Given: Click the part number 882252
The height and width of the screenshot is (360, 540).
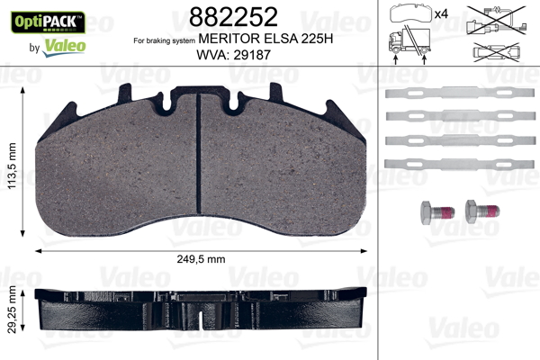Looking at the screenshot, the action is [233, 17].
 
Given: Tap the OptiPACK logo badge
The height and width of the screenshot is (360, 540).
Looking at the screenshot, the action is [48, 22].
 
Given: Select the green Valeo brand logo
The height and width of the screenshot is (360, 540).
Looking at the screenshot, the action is [64, 48].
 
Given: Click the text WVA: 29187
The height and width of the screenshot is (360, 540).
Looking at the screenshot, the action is [233, 55].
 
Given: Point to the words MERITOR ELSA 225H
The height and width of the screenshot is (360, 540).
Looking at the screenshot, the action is [265, 39].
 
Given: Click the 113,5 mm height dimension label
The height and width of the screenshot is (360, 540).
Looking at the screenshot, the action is [13, 166].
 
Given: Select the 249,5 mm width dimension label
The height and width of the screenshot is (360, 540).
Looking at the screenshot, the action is [201, 259].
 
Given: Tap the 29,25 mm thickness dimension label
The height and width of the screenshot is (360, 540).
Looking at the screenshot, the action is [12, 310].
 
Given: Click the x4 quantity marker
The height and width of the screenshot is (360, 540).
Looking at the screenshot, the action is [441, 14].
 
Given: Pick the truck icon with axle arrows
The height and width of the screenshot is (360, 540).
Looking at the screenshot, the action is [409, 45].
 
